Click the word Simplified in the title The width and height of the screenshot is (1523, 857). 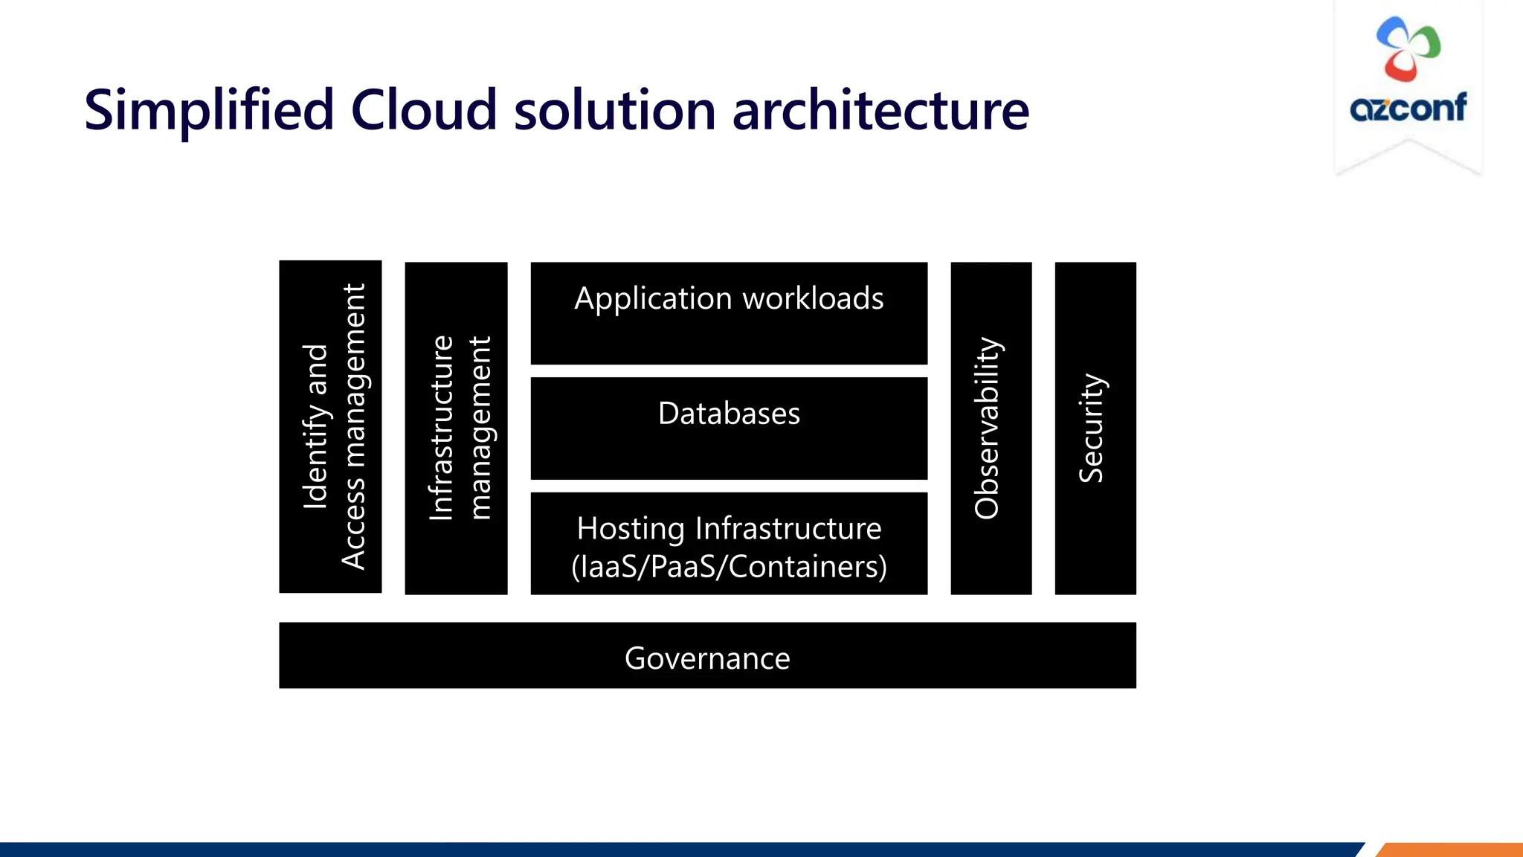tap(209, 110)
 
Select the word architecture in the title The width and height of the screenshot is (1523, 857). tap(880, 110)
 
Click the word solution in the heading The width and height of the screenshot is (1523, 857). tap(614, 110)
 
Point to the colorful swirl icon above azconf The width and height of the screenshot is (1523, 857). tap(1408, 48)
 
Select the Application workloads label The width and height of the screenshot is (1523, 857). tap(729, 298)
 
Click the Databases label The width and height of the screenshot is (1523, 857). tap(729, 414)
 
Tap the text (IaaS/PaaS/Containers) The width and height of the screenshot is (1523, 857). tap(729, 567)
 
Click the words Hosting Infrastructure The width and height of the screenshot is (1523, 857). tap(729, 529)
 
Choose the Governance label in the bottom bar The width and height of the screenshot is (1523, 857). tap(707, 658)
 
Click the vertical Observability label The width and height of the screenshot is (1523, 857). tap(988, 428)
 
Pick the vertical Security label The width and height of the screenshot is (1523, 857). tap(1092, 428)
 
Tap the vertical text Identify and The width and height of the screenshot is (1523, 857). tap(315, 426)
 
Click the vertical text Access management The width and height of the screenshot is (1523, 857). tap(354, 426)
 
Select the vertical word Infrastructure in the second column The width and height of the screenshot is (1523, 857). tap(441, 428)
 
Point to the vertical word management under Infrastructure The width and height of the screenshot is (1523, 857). tap(480, 428)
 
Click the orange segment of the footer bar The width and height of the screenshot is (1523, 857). tap(1450, 850)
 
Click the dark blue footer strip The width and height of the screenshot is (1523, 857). tap(669, 850)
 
